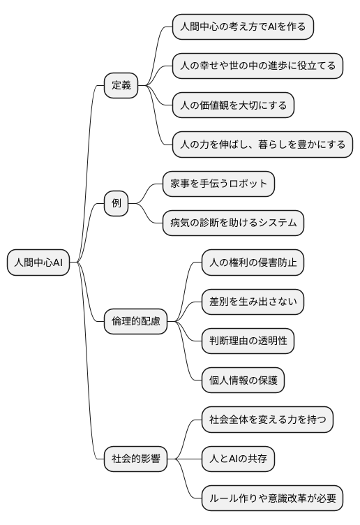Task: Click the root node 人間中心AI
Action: (38, 262)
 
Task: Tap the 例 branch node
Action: (116, 203)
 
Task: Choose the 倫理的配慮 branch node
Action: (135, 321)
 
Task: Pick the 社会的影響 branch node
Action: (135, 459)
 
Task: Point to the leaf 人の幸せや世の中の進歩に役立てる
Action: (257, 66)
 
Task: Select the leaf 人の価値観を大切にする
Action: (233, 105)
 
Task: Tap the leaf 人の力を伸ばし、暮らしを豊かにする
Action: (262, 145)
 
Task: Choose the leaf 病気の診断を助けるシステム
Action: (233, 223)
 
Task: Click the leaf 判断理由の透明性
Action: (248, 341)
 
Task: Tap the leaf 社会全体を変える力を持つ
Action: (267, 420)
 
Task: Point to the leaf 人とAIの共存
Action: (238, 459)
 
